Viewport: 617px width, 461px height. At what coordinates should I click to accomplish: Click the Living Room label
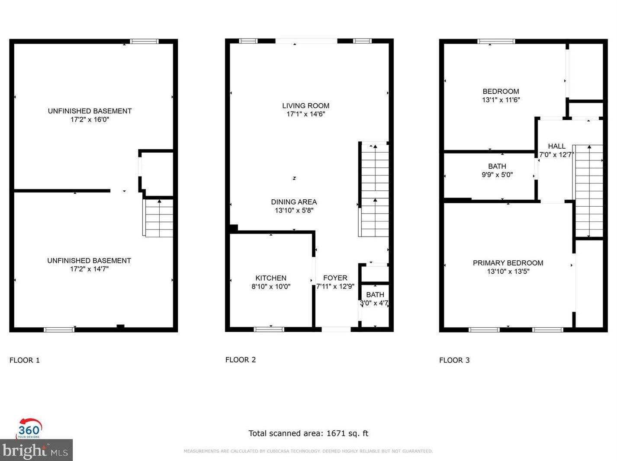[x=305, y=106]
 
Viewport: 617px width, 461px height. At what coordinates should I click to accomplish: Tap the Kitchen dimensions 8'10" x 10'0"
[x=271, y=286]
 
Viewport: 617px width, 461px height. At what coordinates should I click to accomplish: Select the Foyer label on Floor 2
[x=335, y=278]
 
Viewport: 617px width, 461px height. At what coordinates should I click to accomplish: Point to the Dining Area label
[x=294, y=202]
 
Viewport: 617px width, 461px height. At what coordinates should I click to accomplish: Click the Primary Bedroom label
[x=508, y=263]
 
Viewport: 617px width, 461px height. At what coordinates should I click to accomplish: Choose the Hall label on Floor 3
[x=556, y=146]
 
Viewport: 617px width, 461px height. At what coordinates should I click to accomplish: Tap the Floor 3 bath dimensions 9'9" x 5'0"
[x=497, y=175]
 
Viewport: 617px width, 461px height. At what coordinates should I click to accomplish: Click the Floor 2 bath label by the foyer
[x=375, y=295]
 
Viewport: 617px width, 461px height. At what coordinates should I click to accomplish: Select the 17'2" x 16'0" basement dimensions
[x=90, y=119]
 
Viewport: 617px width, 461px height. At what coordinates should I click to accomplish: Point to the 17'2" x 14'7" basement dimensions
[x=89, y=269]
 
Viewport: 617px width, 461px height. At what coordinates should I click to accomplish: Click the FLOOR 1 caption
[x=25, y=360]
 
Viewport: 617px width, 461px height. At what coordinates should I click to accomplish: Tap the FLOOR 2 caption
[x=240, y=360]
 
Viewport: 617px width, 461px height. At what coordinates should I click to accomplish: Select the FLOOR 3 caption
[x=454, y=360]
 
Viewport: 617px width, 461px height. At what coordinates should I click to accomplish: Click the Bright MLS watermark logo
[x=35, y=450]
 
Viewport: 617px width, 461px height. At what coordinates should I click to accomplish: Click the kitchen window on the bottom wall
[x=269, y=329]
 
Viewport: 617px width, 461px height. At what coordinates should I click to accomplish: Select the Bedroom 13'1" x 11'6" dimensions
[x=501, y=100]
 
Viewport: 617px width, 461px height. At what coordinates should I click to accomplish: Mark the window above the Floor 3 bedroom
[x=496, y=41]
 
